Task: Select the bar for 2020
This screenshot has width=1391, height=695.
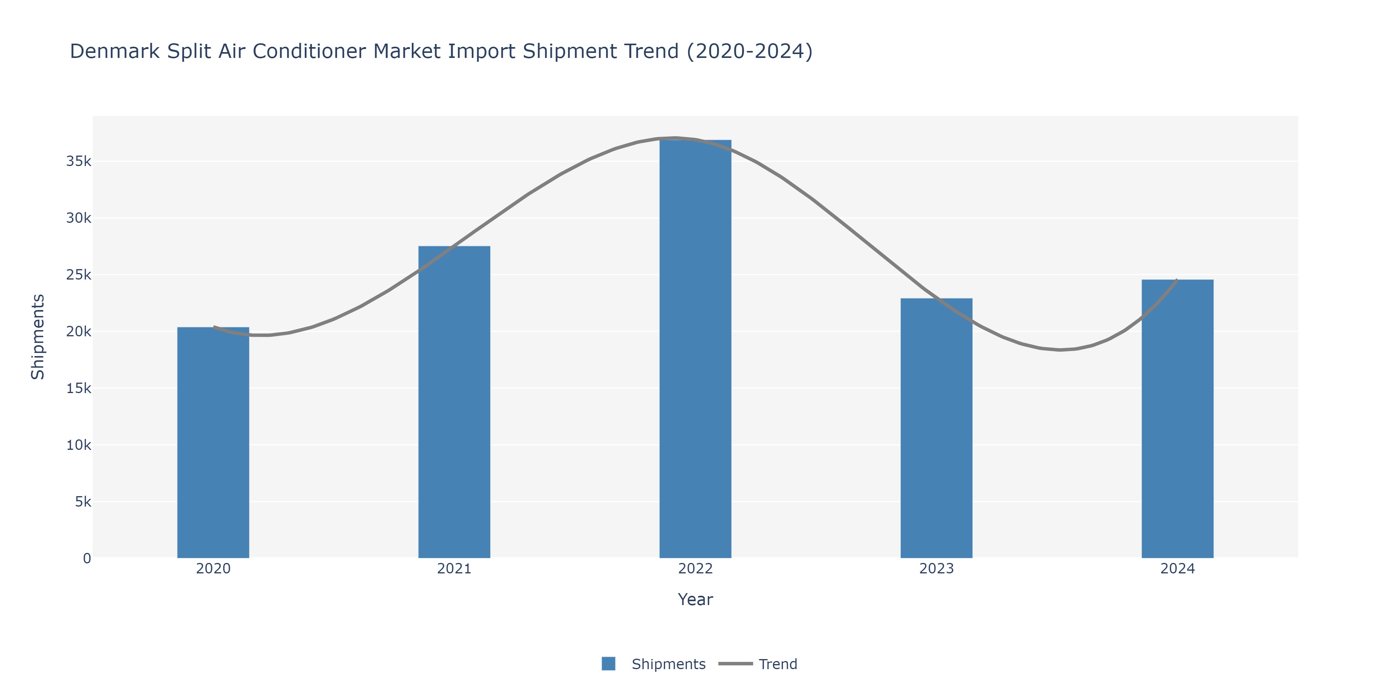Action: point(213,442)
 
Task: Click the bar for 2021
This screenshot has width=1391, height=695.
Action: point(454,402)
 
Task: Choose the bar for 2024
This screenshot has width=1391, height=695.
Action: point(1177,419)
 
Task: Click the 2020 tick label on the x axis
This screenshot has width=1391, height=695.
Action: point(213,569)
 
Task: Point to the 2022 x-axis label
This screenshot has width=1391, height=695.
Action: point(695,569)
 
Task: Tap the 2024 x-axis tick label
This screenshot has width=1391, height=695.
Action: point(1177,569)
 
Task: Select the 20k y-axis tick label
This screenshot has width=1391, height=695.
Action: point(79,331)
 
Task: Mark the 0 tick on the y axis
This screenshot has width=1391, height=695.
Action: point(87,558)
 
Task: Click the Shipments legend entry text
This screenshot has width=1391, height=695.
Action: point(668,664)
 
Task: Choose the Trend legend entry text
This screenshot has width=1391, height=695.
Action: point(777,664)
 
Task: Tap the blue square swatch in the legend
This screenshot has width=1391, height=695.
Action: point(609,664)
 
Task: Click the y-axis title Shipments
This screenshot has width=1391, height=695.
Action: point(38,337)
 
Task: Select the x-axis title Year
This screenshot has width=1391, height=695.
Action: point(695,600)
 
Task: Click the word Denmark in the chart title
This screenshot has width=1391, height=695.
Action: point(115,52)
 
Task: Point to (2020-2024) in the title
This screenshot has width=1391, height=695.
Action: point(750,52)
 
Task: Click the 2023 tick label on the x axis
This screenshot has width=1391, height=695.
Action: point(936,569)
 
